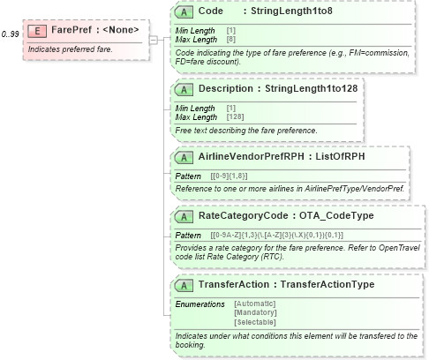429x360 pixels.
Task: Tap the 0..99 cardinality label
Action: pyautogui.click(x=11, y=34)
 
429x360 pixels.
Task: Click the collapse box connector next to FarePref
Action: pyautogui.click(x=154, y=39)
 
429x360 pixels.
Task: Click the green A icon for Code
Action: pyautogui.click(x=184, y=12)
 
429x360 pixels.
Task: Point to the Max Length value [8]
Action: pyautogui.click(x=231, y=40)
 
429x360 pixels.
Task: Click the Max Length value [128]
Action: pyautogui.click(x=237, y=116)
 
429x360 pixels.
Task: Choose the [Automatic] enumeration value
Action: pyautogui.click(x=255, y=303)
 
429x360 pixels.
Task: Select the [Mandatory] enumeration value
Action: pyautogui.click(x=255, y=312)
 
